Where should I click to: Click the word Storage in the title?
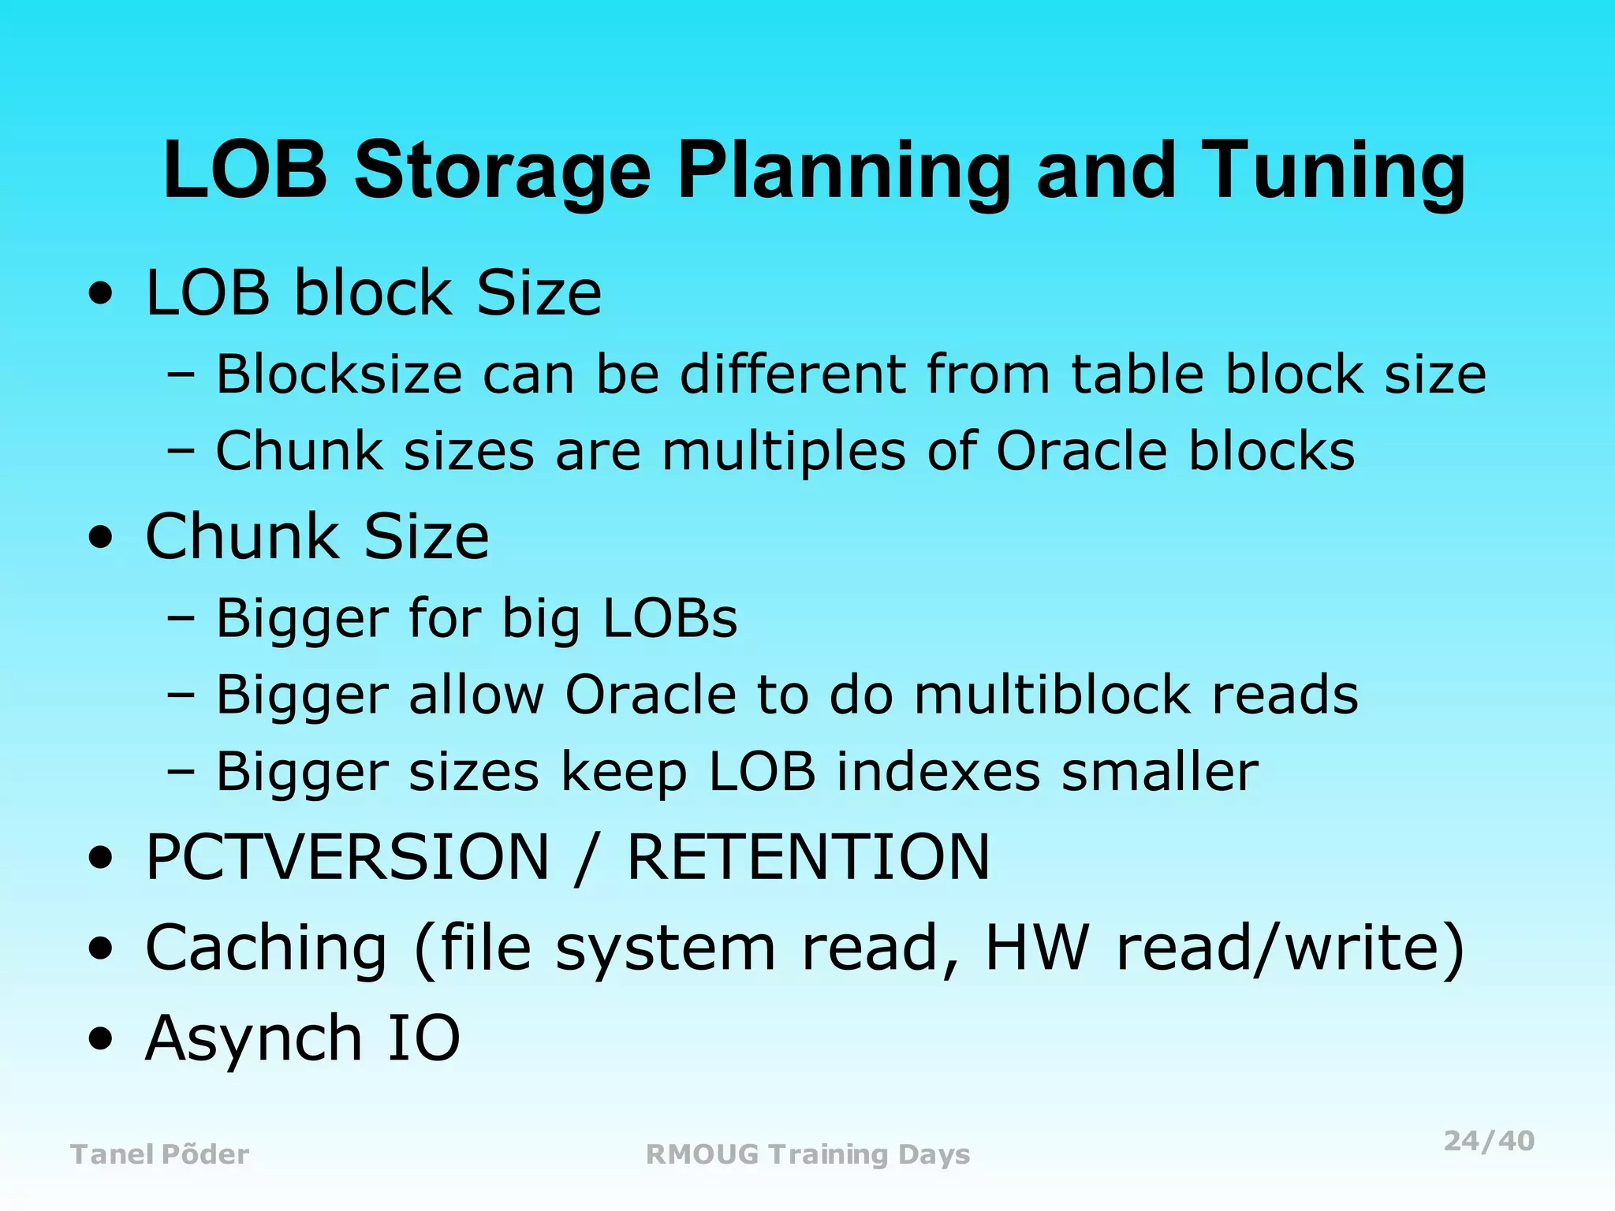pos(502,171)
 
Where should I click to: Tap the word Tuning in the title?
pos(1333,171)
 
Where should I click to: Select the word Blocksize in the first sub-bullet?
pos(339,374)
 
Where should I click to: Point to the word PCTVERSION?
pos(348,857)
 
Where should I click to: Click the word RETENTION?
pos(808,857)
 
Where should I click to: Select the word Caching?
pos(267,948)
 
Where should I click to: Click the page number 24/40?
pos(1489,1141)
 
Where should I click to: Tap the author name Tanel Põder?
pos(160,1154)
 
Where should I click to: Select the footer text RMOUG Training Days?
pos(807,1154)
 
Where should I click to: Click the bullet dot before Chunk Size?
pos(100,539)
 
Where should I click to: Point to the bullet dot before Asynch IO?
pos(100,1039)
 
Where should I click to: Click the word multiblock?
pos(1053,695)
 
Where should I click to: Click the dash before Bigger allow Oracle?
pos(181,696)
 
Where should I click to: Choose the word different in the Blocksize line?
pos(793,374)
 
